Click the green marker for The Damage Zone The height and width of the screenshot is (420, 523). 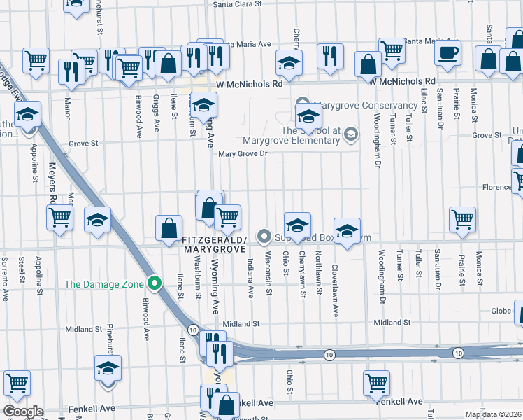pos(155,284)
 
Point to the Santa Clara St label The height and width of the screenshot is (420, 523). pos(237,3)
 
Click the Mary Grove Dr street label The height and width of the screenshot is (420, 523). pos(243,154)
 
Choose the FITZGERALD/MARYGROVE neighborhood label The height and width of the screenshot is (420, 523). pos(214,244)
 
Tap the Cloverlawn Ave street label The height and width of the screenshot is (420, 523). pos(335,284)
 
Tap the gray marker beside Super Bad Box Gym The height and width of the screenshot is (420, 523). pos(264,237)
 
